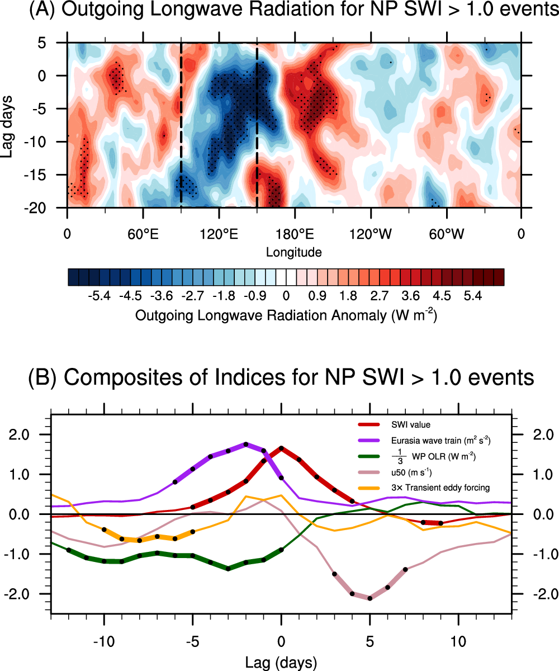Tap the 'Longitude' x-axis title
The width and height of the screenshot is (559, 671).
point(293,252)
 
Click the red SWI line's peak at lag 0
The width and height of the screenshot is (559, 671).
point(281,448)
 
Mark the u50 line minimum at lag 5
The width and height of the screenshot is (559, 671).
point(369,598)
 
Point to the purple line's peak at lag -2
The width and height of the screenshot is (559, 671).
point(246,444)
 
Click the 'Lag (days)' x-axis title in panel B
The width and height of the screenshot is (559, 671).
point(281,663)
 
